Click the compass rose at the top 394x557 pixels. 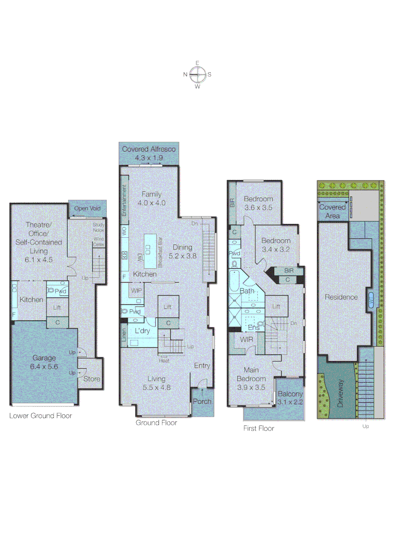click(x=197, y=74)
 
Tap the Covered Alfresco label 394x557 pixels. click(x=149, y=153)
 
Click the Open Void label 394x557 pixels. click(x=88, y=208)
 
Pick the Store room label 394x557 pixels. click(x=92, y=379)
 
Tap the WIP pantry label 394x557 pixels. click(x=137, y=290)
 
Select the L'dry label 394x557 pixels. click(x=142, y=331)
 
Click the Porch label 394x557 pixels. click(x=202, y=401)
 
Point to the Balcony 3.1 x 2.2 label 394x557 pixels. click(x=290, y=398)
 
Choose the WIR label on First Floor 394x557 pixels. click(x=246, y=339)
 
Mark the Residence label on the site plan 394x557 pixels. click(x=341, y=297)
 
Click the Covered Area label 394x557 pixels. click(x=333, y=211)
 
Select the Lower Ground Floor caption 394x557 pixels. click(x=41, y=415)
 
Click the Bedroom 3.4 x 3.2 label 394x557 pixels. click(x=276, y=245)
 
